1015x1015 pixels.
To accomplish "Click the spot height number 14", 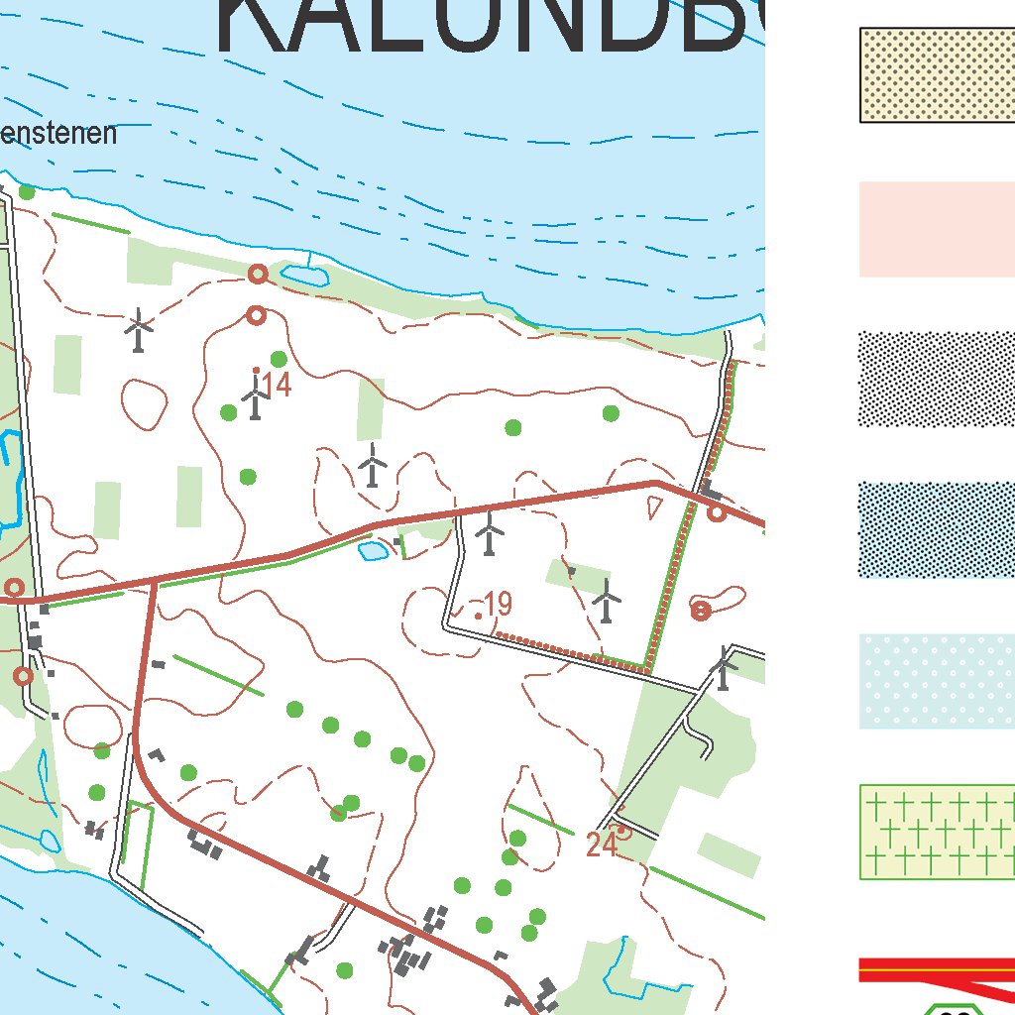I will pos(278,386).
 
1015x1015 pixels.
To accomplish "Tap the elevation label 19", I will pos(498,604).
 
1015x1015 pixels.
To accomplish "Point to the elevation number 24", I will pos(602,846).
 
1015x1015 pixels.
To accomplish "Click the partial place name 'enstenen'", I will pos(58,134).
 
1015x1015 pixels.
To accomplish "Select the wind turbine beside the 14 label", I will pos(256,396).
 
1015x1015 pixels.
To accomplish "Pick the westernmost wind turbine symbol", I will pos(140,329).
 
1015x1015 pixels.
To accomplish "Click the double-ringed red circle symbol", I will pos(701,611).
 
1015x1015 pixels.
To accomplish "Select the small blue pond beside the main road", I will pos(373,551).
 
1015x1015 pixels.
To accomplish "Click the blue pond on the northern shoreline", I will pos(303,276).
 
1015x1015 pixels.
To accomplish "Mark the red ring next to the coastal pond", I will pos(258,274).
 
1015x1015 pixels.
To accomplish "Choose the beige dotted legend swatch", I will pos(937,75).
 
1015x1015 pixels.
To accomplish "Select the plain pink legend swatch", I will pos(937,229).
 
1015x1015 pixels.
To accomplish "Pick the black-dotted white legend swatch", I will pos(937,380).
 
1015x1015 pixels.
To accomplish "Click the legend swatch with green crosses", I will pos(937,832).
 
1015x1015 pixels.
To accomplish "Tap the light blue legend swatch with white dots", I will pos(937,682).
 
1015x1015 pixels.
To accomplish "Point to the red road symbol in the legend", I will pos(937,969).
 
